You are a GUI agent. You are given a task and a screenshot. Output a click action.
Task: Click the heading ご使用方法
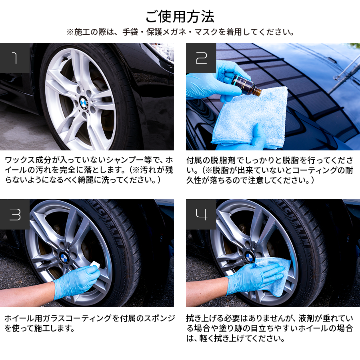click(180, 16)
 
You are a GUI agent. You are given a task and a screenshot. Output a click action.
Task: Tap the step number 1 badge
click(15, 58)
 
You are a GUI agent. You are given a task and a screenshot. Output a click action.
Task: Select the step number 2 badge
click(201, 58)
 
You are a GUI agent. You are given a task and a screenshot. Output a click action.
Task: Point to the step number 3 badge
click(15, 214)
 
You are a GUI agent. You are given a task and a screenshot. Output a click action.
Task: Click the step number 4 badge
click(201, 214)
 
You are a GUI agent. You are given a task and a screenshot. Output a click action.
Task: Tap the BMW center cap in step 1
click(84, 103)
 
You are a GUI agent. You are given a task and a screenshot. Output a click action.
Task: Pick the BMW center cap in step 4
click(249, 257)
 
